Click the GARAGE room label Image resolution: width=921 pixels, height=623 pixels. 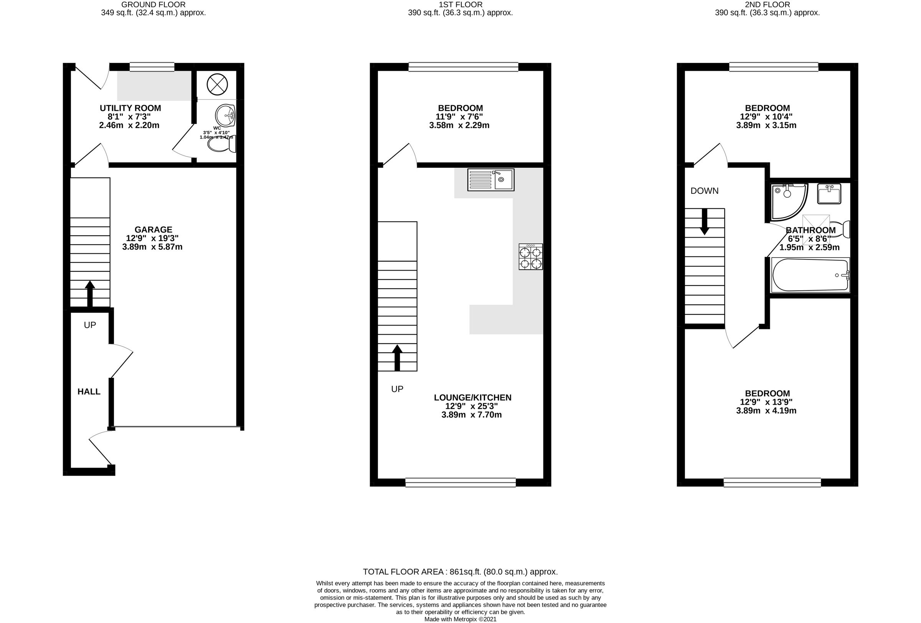153,230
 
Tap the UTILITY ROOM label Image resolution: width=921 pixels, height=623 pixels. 130,108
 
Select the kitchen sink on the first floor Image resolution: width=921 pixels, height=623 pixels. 490,180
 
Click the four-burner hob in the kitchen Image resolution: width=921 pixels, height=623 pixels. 531,257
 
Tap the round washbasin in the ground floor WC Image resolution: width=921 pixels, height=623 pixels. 226,115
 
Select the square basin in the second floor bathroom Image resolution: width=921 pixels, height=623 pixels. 829,194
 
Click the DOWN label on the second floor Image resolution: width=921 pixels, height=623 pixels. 704,191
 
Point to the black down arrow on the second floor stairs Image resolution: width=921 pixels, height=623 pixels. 705,221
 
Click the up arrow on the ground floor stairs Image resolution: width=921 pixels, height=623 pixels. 90,294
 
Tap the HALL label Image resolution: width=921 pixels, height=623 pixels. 89,392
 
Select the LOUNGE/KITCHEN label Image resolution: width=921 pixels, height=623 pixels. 472,398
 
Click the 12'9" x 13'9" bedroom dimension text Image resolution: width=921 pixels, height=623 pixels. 766,402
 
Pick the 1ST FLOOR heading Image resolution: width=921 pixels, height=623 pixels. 460,4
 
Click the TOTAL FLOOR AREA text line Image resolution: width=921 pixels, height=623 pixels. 460,572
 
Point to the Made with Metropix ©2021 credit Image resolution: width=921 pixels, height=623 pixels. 460,619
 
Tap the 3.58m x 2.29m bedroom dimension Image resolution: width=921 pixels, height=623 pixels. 459,125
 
